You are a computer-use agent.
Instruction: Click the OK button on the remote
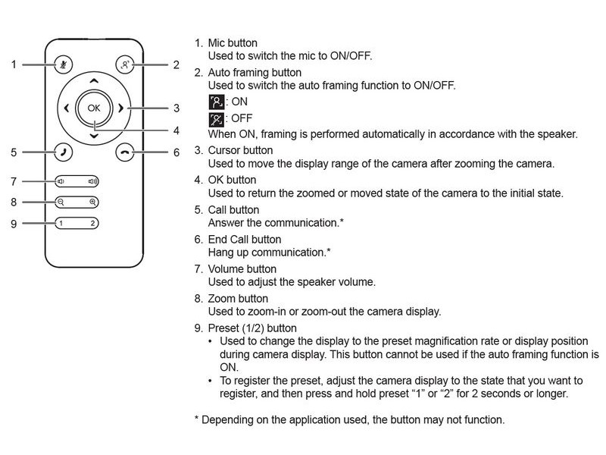[94, 108]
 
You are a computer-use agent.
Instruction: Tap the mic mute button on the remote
[64, 64]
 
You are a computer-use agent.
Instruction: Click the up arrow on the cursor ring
[94, 81]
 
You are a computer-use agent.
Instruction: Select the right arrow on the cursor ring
[120, 108]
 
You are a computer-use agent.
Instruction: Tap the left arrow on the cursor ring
[67, 108]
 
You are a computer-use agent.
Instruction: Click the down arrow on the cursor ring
[94, 136]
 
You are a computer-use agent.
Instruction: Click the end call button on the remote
[125, 152]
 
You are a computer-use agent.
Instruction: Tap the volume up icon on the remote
[92, 181]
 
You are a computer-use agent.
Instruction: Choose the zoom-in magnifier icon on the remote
[92, 202]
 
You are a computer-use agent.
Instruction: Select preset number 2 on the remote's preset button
[92, 223]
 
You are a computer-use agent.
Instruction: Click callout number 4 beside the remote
[176, 130]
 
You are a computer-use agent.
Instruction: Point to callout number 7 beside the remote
[14, 181]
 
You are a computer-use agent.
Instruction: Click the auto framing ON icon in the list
[217, 102]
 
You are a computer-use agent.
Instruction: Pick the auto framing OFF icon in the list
[217, 120]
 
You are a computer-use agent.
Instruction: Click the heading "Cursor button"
[240, 150]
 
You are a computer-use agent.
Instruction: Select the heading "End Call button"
[245, 240]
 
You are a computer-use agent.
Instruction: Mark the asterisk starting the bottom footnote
[196, 419]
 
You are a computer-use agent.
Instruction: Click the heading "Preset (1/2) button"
[252, 328]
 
